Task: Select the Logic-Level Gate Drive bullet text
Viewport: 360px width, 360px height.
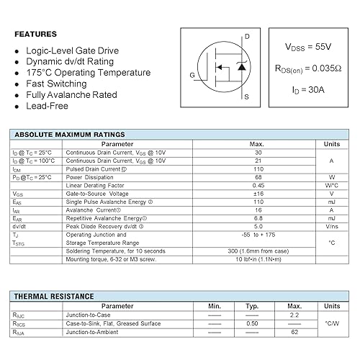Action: [72, 51]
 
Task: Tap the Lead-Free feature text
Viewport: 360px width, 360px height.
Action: [47, 106]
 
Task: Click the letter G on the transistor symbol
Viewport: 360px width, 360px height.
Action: [192, 75]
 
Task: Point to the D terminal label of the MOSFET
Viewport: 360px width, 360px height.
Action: [247, 36]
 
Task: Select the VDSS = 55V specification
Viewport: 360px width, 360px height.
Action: [307, 47]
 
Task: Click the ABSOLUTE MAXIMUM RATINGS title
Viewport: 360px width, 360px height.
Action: [70, 135]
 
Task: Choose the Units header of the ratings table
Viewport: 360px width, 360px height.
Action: [332, 144]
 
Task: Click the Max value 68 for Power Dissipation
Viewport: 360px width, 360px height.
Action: [257, 177]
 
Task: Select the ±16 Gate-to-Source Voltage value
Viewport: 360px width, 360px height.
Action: [257, 194]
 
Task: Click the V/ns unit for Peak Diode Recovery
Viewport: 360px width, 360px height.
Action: [332, 227]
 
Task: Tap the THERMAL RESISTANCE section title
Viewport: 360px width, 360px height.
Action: [54, 296]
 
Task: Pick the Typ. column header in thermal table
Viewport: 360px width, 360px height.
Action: [252, 306]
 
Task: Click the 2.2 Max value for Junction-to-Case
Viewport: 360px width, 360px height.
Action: [294, 315]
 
